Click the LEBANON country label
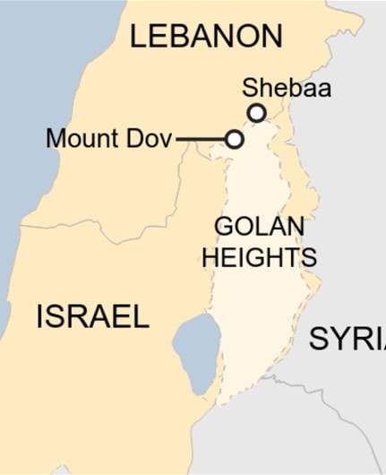206,36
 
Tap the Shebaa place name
287,88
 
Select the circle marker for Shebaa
257,113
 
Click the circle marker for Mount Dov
234,140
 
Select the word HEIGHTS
259,258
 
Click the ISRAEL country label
92,316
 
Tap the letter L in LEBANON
138,37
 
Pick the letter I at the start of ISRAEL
40,316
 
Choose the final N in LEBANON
270,37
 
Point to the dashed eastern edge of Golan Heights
313,287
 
